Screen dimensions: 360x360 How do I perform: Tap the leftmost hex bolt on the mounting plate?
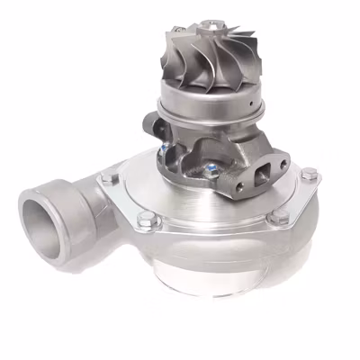109,179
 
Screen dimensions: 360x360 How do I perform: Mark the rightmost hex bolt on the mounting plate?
310,173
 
